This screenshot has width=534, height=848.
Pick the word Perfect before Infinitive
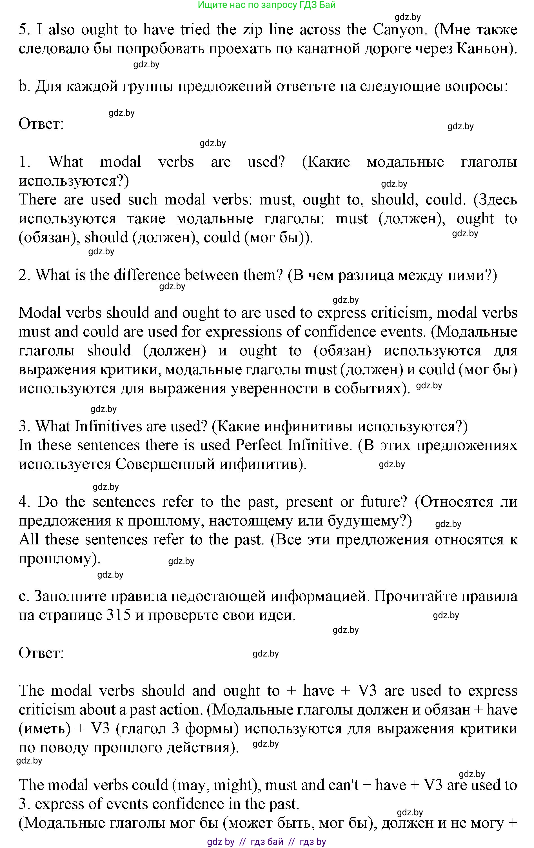(x=259, y=445)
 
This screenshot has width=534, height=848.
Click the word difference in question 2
(x=147, y=275)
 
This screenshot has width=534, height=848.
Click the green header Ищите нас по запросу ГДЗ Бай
(x=267, y=5)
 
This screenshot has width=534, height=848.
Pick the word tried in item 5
(x=195, y=30)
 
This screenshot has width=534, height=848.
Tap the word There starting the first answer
(x=38, y=200)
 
